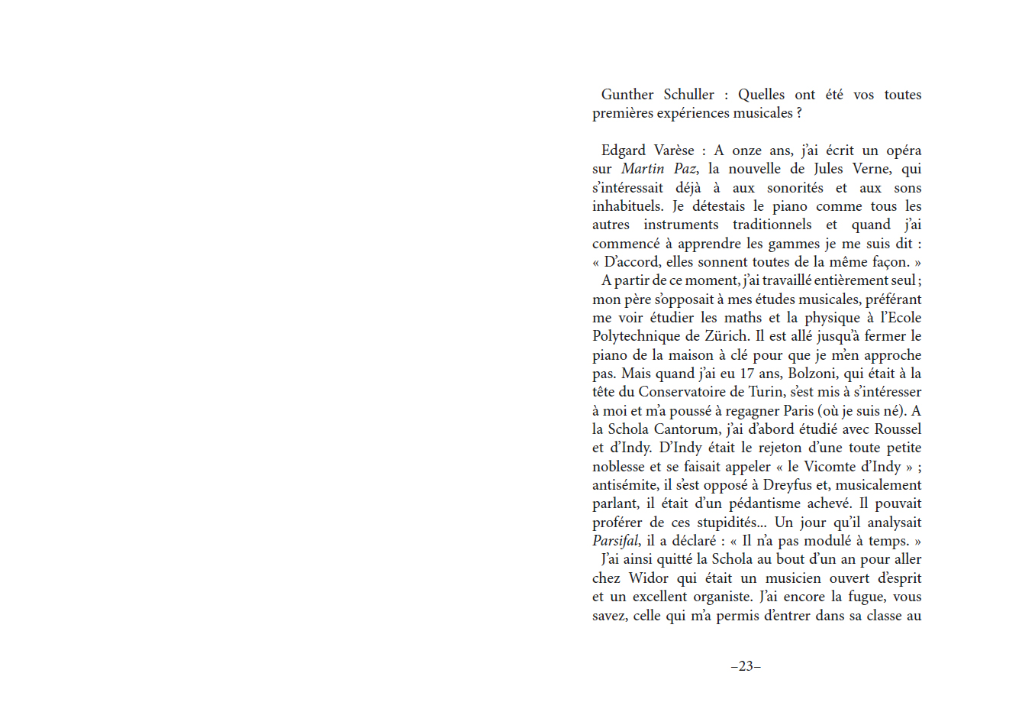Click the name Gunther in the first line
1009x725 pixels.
point(627,95)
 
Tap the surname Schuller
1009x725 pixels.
point(688,95)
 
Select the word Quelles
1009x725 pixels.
point(761,95)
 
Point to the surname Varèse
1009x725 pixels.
point(674,151)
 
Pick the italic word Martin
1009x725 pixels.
point(643,169)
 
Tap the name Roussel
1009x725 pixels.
point(898,429)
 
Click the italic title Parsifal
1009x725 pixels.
point(615,541)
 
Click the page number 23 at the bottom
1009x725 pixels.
point(746,666)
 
